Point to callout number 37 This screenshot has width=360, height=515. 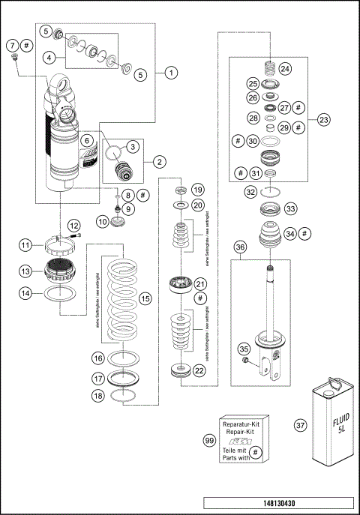tap(301, 425)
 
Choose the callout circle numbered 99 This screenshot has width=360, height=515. tap(199, 443)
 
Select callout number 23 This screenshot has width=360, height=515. tap(323, 120)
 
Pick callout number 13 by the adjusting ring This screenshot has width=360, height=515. tap(25, 271)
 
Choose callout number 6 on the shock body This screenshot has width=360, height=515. tap(88, 140)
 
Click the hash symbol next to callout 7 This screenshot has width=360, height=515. tap(26, 44)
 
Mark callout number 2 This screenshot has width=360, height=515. tap(159, 160)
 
